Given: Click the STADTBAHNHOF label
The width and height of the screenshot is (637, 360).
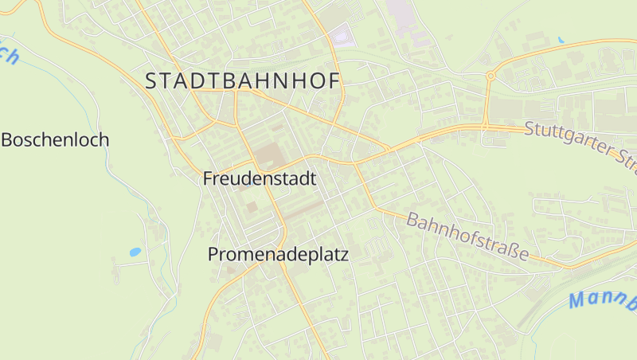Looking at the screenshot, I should (243, 80).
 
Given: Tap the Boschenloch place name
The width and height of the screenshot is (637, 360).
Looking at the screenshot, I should (55, 140).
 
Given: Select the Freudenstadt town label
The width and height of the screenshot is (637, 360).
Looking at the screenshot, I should (260, 178).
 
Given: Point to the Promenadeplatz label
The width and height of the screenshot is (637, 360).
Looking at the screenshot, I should (278, 254).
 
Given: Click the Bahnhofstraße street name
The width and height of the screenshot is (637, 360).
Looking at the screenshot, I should (467, 236).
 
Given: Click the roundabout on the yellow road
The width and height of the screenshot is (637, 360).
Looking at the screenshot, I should (490, 76).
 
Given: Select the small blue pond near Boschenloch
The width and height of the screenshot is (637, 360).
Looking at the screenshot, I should (135, 252).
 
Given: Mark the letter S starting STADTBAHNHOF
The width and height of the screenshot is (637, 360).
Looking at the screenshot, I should (152, 80).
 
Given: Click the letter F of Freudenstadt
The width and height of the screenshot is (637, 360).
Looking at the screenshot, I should (209, 178).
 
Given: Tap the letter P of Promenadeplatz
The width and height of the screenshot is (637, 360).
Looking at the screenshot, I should (213, 254).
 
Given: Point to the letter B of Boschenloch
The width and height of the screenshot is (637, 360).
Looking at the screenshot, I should (8, 140).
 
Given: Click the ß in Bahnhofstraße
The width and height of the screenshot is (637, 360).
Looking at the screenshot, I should (514, 251).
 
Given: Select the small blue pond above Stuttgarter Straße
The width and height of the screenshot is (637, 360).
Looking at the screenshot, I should (561, 39).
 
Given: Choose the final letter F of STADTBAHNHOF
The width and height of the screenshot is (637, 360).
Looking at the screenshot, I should (334, 80).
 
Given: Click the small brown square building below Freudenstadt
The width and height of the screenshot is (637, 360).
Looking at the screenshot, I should (252, 206).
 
